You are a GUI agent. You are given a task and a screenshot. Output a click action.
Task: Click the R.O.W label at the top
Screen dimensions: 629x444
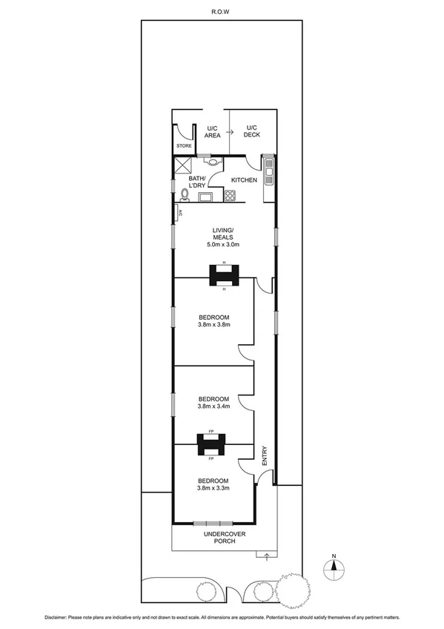222,11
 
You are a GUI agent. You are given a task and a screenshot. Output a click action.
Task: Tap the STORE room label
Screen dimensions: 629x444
183,146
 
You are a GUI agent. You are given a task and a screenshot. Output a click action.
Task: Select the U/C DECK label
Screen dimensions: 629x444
254,131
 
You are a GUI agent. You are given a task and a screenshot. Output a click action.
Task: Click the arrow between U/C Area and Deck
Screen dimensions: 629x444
230,131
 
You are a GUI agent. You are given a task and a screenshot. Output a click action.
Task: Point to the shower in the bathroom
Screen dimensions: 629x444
183,164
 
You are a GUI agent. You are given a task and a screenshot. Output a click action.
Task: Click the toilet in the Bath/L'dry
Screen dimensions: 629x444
184,195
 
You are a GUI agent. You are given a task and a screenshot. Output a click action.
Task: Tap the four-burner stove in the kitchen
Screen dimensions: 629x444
230,197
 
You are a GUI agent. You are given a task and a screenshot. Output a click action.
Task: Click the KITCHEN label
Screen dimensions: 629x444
245,180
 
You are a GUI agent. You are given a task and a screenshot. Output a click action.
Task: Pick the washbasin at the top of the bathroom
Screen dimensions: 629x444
213,159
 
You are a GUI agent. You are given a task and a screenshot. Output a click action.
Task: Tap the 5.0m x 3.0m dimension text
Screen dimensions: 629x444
223,244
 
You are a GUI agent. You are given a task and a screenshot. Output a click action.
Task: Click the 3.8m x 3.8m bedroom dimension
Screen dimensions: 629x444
214,324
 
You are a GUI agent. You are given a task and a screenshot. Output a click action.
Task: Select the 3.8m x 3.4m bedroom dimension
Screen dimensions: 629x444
214,406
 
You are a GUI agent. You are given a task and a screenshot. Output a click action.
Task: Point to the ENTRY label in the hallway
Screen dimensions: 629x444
264,456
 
